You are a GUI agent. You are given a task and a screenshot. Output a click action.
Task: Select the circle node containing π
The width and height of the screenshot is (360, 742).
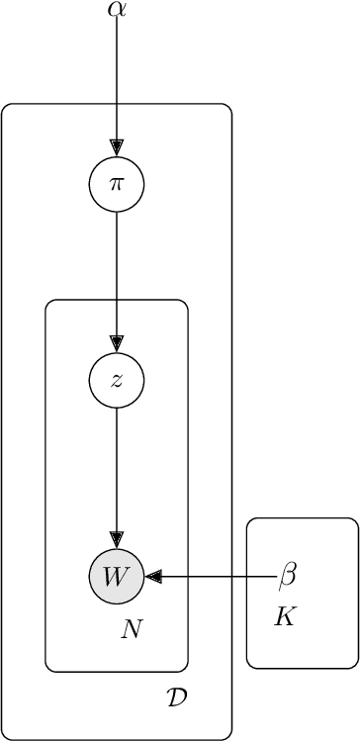point(117,184)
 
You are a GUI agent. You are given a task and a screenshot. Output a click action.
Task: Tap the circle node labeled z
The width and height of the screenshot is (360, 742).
point(117,380)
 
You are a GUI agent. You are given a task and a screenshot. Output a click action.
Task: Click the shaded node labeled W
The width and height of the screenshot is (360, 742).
point(117,576)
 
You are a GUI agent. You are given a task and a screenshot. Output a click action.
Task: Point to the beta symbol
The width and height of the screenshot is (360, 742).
point(288,575)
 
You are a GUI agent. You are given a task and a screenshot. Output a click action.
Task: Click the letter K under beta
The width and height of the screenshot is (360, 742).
point(285,618)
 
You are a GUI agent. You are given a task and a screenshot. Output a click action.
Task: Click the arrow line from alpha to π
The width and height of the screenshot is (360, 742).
point(117,79)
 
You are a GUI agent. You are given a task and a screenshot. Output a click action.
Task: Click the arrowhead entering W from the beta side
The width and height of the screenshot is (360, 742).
point(152,576)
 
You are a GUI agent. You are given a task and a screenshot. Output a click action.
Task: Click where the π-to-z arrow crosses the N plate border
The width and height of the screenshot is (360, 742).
point(117,300)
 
